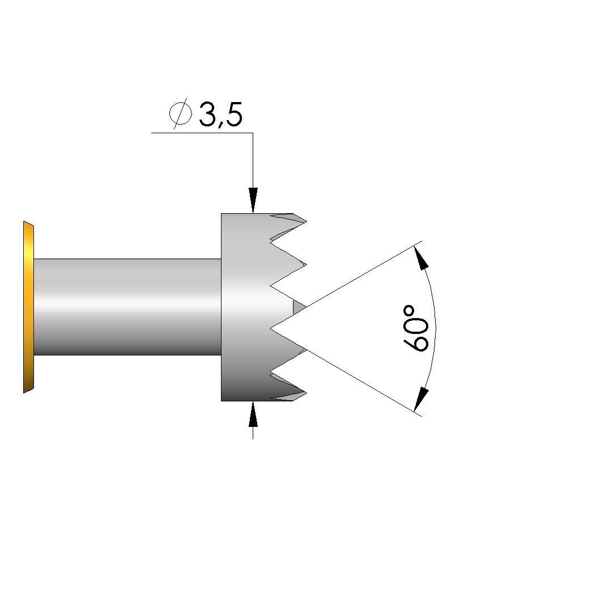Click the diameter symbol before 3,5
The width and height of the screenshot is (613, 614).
(180, 113)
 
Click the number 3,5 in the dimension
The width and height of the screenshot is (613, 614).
(220, 115)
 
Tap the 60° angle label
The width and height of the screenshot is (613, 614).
(415, 328)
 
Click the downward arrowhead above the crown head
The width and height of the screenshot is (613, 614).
(253, 201)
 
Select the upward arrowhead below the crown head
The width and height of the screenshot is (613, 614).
(253, 413)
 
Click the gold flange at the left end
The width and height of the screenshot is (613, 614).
(28, 307)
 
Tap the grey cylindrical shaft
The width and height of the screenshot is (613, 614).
(127, 307)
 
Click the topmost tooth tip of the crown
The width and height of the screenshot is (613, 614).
(306, 222)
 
